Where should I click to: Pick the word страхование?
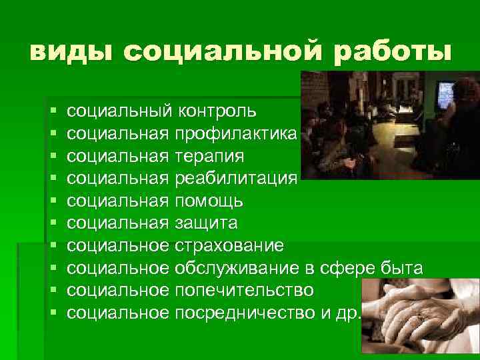click(x=229, y=246)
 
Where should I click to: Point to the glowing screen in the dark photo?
click(x=444, y=93)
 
